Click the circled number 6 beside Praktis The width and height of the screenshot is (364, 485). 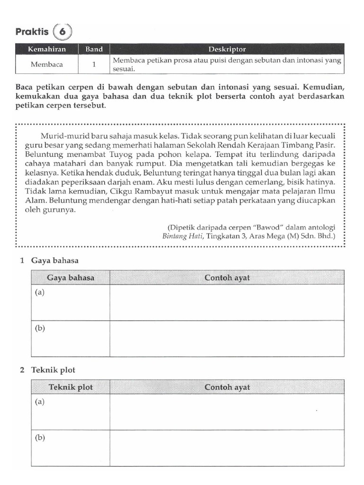click(x=63, y=32)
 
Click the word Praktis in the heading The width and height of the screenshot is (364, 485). click(x=32, y=32)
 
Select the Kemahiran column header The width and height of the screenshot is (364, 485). click(x=47, y=49)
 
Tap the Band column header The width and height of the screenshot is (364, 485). click(x=94, y=49)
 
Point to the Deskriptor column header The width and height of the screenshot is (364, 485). click(x=227, y=49)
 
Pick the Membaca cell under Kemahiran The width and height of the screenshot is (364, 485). click(x=47, y=64)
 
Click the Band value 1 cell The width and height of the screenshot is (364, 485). click(x=94, y=64)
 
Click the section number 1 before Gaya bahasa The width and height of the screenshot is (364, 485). click(x=22, y=260)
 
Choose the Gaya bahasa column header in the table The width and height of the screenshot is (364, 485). click(x=70, y=278)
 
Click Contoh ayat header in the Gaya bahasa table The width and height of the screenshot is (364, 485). click(x=227, y=278)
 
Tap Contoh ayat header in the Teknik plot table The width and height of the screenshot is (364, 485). click(x=227, y=387)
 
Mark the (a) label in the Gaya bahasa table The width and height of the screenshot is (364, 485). click(x=39, y=292)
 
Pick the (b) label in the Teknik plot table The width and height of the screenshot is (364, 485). click(x=39, y=438)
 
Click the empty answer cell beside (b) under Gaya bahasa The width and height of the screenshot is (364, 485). click(x=227, y=338)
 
